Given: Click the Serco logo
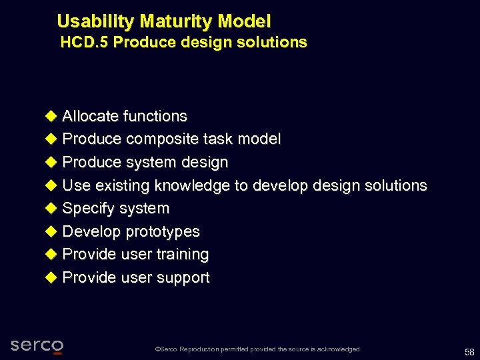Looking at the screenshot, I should tap(37, 345).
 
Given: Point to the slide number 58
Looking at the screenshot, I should tap(469, 351).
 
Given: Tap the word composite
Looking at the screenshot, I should tap(158, 139).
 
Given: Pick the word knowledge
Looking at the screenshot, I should tap(197, 185).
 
